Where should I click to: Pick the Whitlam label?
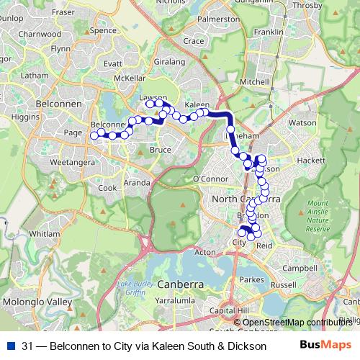point(45,234)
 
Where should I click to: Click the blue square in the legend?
point(9,346)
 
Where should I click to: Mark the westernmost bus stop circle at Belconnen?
point(94,135)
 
